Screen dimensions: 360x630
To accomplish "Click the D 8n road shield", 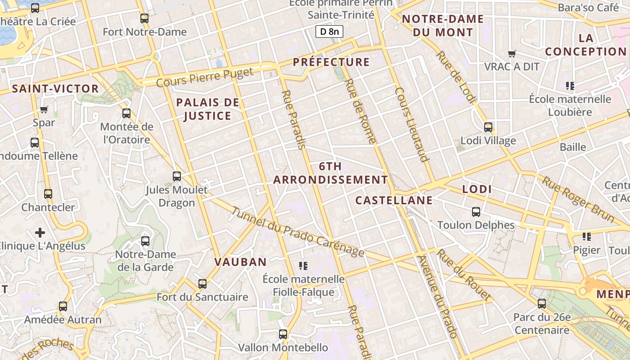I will tap(329, 31).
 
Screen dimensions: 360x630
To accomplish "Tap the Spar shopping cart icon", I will tap(44, 109).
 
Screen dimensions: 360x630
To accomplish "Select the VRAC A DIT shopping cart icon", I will tap(512, 54).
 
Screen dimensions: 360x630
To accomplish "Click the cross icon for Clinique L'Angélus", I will tap(40, 233).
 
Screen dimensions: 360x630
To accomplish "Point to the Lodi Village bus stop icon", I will tap(488, 127).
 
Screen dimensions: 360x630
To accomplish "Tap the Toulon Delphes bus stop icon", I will tap(476, 211).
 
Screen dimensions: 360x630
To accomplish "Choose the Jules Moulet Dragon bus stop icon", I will tap(177, 176).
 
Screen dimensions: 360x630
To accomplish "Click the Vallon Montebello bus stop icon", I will tap(283, 334).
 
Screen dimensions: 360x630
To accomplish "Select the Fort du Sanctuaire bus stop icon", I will tap(202, 284).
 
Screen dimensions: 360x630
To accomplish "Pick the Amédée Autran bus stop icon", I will tap(63, 306).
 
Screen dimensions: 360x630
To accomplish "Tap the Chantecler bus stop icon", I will tap(48, 194).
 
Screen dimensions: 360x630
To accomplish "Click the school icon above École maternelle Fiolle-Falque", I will tap(303, 266).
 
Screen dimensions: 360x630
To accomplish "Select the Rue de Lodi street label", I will tap(455, 76).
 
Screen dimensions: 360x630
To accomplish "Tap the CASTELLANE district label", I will tap(394, 200).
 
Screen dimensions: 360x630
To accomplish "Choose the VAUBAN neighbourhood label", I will tap(240, 262).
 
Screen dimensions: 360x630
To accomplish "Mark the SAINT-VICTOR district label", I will tap(55, 89).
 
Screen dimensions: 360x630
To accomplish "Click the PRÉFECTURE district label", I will tap(331, 62).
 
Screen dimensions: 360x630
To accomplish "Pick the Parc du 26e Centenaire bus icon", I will tap(542, 304).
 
